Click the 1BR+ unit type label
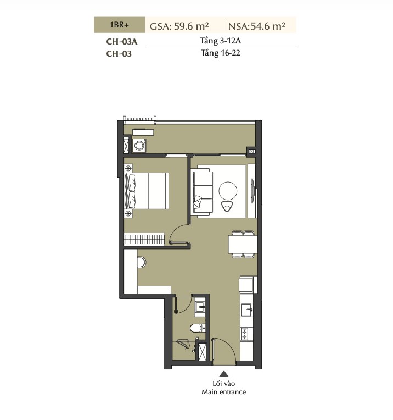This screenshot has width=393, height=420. tap(119, 25)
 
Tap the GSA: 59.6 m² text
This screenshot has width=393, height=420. tap(179, 26)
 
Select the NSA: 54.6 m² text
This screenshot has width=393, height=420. tap(257, 26)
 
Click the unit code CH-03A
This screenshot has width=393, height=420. tap(122, 42)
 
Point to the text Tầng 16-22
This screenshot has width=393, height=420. tap(221, 53)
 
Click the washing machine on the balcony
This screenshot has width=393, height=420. tap(139, 146)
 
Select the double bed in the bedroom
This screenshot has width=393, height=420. tap(147, 191)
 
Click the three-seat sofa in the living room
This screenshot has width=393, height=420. tap(203, 192)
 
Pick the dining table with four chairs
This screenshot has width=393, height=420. tap(243, 244)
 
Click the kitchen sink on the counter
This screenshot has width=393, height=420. tap(246, 310)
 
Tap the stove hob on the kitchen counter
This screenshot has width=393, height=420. tap(245, 334)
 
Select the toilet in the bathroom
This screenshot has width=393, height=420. tap(198, 328)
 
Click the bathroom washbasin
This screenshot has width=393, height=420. tap(200, 307)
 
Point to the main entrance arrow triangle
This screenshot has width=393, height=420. tap(224, 374)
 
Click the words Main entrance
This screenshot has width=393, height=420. tap(223, 392)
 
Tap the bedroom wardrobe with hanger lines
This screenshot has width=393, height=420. tap(144, 239)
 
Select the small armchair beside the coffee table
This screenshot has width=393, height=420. tap(227, 206)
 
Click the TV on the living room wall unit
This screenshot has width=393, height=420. tap(252, 191)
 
